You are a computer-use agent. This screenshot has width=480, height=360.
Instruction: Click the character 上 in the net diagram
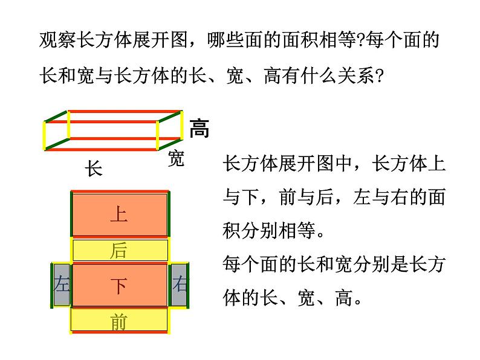coord(118,214)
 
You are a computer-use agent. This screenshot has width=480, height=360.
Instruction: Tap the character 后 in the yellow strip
coord(118,251)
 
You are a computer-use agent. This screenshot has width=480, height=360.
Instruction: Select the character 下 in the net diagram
coord(118,285)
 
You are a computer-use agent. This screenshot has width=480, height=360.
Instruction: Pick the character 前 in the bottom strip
coord(118,322)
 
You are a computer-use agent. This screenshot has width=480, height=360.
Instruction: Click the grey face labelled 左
coord(62,284)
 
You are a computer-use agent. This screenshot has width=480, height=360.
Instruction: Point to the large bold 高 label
coord(199,128)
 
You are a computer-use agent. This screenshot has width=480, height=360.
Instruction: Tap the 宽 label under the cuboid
coord(175,159)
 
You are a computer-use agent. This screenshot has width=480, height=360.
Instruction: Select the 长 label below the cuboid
coord(93,169)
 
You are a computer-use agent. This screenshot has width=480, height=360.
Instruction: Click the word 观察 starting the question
coord(53,42)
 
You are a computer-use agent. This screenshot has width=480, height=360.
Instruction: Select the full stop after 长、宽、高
coord(358,299)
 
